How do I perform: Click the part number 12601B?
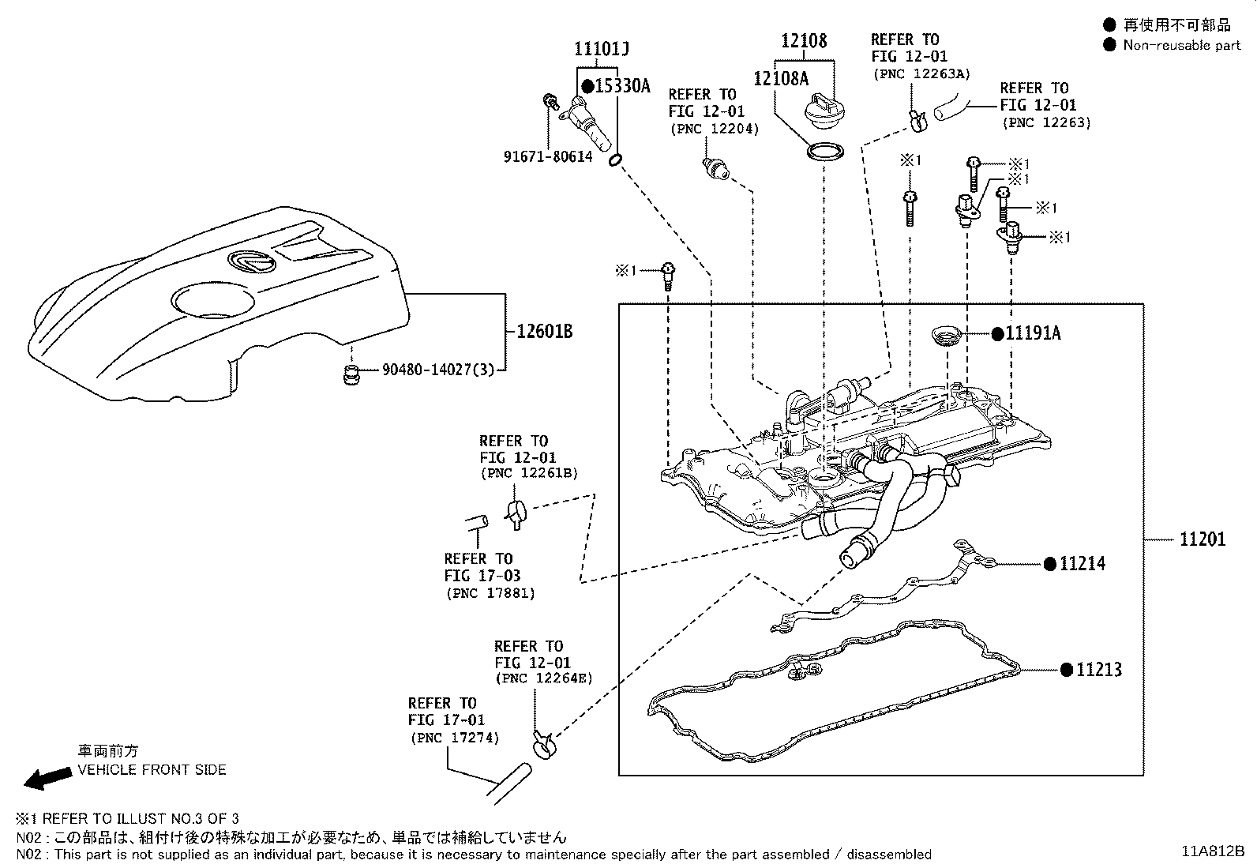(545, 332)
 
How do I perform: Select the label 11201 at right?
(1203, 539)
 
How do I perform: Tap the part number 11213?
(1098, 670)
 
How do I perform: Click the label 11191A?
(1033, 333)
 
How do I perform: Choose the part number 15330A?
(621, 86)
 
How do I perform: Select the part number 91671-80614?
(547, 157)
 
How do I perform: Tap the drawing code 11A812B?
(1212, 851)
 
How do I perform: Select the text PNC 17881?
(490, 593)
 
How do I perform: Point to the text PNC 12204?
(713, 129)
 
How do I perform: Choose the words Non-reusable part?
(1181, 45)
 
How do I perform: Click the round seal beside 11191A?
(946, 333)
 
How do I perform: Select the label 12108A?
(781, 78)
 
